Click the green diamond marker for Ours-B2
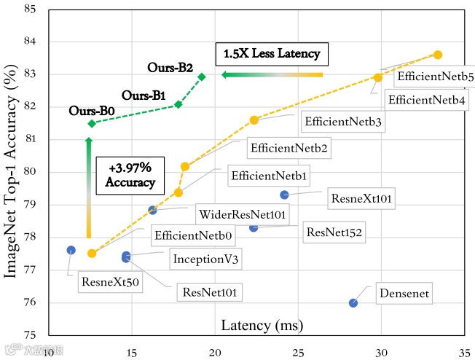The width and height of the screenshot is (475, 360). click(202, 77)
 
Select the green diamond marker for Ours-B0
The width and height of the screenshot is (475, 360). click(91, 123)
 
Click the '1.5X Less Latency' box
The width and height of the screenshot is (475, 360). click(272, 54)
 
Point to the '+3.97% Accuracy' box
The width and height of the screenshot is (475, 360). click(128, 174)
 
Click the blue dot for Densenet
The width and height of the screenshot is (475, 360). click(353, 302)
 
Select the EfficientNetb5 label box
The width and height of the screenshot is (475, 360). click(427, 75)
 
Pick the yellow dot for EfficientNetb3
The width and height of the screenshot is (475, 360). click(254, 120)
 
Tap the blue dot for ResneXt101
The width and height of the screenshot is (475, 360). click(284, 195)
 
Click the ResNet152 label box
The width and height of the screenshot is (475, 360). click(334, 233)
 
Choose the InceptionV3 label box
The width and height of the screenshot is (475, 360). click(206, 259)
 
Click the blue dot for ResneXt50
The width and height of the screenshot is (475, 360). click(71, 250)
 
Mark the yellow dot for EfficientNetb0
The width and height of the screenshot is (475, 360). click(92, 254)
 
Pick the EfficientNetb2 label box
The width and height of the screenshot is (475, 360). click(288, 149)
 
